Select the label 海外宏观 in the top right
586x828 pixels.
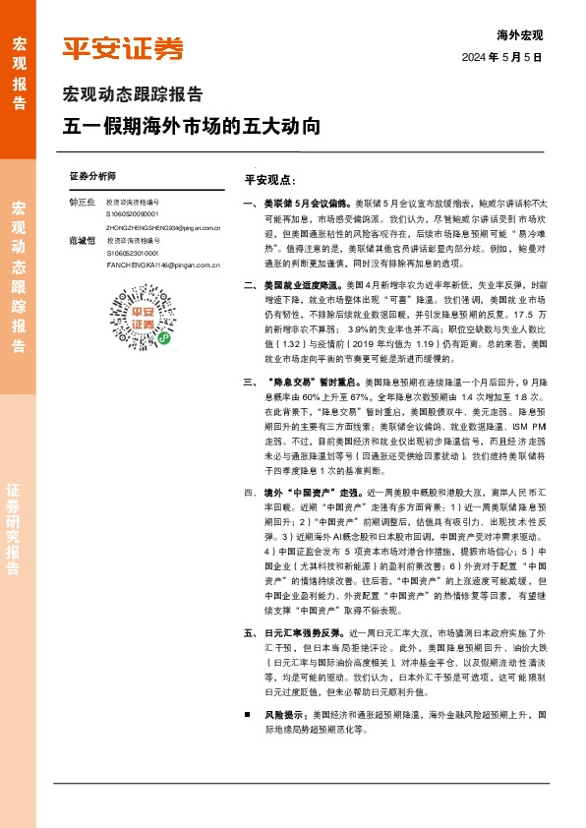point(520,34)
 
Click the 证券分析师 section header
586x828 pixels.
point(92,175)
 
